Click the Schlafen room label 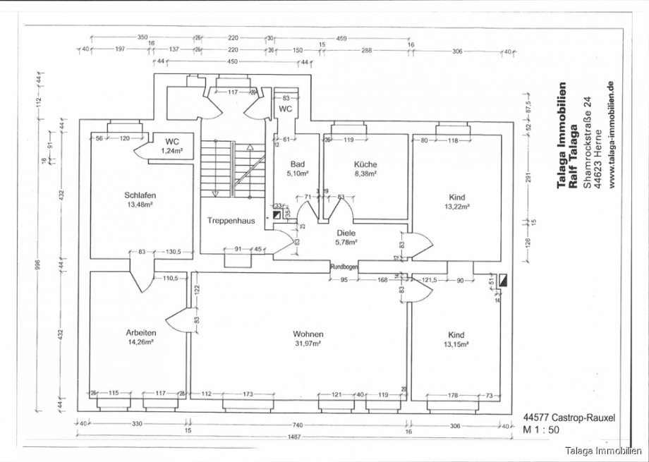coord(139,195)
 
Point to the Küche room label coord(365,164)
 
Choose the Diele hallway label coord(346,232)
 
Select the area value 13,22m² coord(458,207)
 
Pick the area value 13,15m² coord(458,344)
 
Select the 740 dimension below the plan coord(298,424)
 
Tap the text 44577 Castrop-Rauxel coord(569,418)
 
